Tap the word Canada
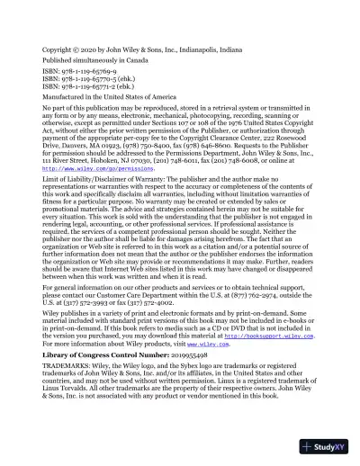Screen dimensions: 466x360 [x=128, y=52]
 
